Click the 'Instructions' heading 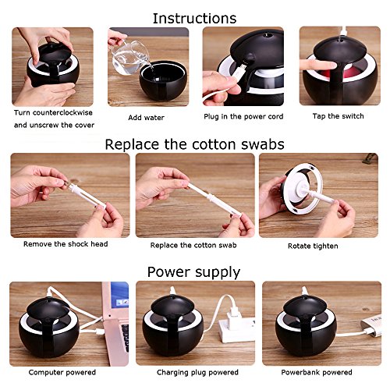click(194, 19)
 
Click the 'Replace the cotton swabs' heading click(194, 144)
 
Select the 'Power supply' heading click(193, 273)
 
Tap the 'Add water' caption click(146, 118)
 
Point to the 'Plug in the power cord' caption click(243, 117)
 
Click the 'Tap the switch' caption click(338, 116)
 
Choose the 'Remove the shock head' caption click(66, 244)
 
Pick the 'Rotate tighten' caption click(313, 246)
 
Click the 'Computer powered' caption click(62, 372)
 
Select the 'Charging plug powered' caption click(197, 373)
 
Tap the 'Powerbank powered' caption click(317, 372)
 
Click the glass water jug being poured click(130, 57)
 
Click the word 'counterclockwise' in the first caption click(62, 113)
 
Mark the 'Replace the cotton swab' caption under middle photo click(193, 245)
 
